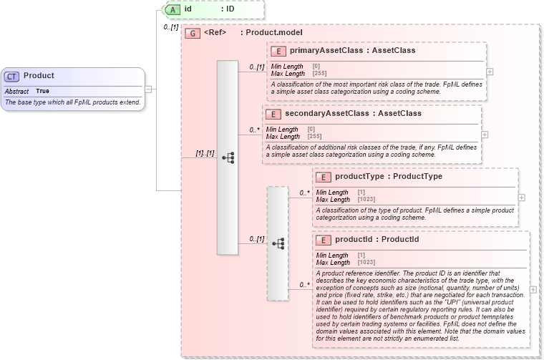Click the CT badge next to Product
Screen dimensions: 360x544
[12, 77]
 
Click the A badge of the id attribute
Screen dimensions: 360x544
[173, 9]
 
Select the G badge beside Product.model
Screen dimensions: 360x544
[192, 33]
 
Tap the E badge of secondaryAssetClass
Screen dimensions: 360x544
[273, 114]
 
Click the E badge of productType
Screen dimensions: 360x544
[323, 177]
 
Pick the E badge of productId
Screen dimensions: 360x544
[323, 239]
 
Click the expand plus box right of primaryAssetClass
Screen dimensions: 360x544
[490, 72]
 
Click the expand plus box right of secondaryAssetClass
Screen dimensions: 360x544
[485, 134]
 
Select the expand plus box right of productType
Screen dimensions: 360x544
[521, 198]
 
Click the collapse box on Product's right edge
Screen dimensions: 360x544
[148, 89]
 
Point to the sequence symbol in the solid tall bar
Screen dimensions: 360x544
[228, 157]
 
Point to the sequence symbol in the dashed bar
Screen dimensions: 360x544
[278, 244]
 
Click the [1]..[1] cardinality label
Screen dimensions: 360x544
[205, 153]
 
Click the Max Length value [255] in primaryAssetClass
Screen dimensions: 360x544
[319, 74]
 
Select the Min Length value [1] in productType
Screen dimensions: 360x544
[361, 193]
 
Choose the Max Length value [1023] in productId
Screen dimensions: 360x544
[366, 263]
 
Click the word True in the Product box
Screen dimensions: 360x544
[43, 92]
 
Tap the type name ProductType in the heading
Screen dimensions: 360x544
[417, 177]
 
